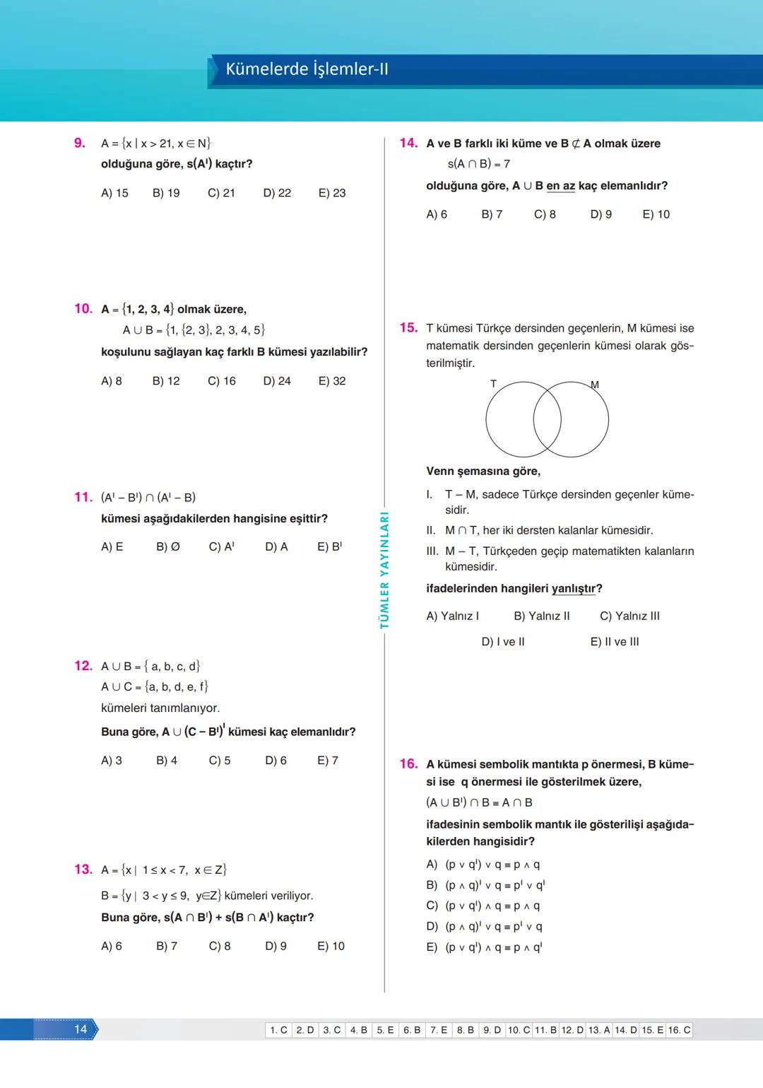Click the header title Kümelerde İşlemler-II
coord(307,69)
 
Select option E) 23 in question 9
coord(332,193)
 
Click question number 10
coord(83,309)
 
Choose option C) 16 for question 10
coord(221,381)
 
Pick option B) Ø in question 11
coord(167,547)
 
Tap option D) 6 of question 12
coord(276,761)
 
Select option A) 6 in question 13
coord(112,946)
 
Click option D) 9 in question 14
coord(601,214)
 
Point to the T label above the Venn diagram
coord(493,384)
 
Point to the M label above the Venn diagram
coord(594,385)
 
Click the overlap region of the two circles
coord(547,420)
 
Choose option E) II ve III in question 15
coord(614,642)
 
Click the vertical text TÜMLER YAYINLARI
coord(384,570)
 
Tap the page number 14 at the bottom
coord(81,1029)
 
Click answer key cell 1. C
coord(279,1030)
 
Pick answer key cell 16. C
coord(679,1030)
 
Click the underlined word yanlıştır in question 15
coord(574,589)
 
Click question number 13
coord(83,870)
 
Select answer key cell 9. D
coord(492,1030)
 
